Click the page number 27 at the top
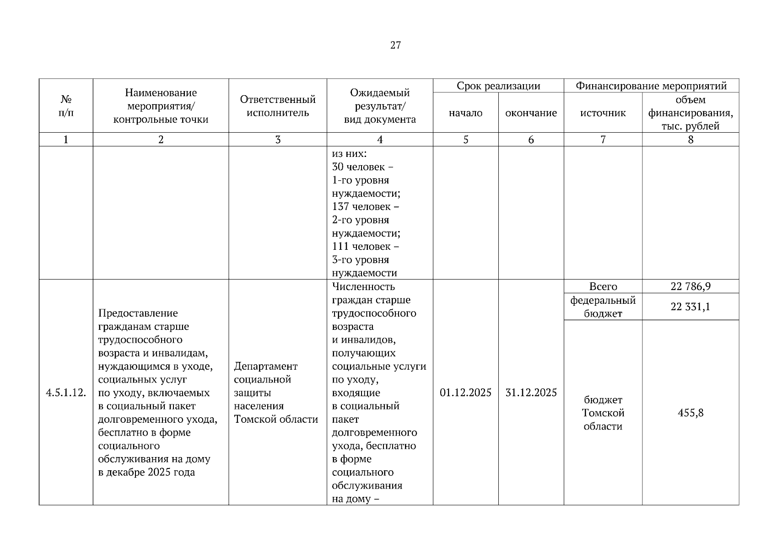coord(395,45)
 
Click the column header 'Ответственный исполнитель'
coord(278,106)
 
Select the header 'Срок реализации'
coord(498,86)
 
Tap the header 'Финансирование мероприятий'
coord(651,86)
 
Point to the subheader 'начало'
coord(465,113)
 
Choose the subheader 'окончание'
coord(531,113)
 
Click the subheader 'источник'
coord(603,113)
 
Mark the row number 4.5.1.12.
coord(66,393)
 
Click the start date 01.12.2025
coord(465,393)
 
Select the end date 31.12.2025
coord(531,393)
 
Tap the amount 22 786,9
coord(690,286)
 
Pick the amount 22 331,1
coord(690,307)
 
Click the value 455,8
coord(690,413)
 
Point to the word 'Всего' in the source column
coord(603,286)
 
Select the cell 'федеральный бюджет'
coord(603,307)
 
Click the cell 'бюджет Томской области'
coord(603,413)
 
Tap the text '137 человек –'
coord(365,207)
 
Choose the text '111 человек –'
coord(365,247)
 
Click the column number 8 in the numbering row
coord(690,140)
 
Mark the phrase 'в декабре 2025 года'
coord(146,472)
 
